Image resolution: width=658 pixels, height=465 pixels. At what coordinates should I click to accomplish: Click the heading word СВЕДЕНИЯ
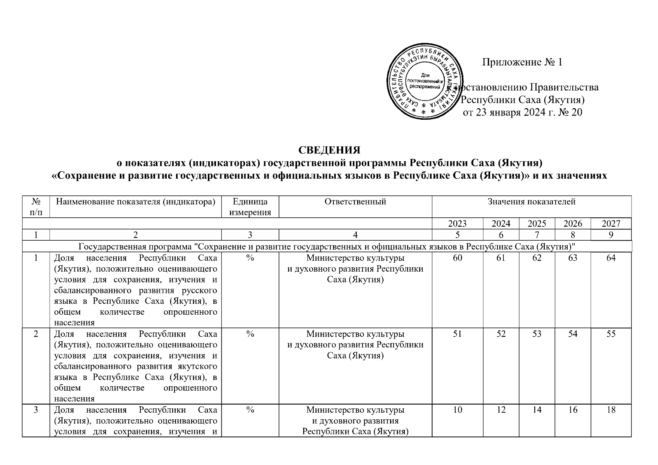(x=329, y=150)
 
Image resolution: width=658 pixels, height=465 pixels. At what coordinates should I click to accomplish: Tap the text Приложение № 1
(x=522, y=62)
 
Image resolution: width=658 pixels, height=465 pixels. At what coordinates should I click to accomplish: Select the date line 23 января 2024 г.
(x=523, y=112)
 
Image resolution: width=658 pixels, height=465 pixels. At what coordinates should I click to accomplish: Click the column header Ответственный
(x=355, y=201)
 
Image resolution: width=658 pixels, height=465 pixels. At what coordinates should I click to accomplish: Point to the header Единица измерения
(x=250, y=207)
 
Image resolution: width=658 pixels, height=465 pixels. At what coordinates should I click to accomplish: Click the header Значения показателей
(x=532, y=201)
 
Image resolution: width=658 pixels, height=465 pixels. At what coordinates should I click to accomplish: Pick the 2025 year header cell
(x=537, y=224)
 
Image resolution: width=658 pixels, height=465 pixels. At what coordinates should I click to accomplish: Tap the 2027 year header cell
(x=611, y=224)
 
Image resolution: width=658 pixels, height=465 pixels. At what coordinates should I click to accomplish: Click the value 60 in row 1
(x=458, y=258)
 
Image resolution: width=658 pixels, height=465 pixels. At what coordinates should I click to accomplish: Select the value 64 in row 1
(x=611, y=258)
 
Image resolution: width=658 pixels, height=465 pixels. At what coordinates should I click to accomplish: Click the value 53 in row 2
(x=537, y=334)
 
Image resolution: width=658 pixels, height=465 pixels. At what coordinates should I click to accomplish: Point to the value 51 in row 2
(x=458, y=334)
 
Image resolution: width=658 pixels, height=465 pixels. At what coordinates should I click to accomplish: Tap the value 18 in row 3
(x=611, y=410)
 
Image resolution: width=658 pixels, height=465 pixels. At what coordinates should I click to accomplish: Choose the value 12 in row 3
(x=501, y=410)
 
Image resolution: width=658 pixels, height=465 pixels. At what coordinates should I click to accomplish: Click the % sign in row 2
(x=250, y=334)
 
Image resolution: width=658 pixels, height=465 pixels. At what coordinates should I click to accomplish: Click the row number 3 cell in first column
(x=36, y=410)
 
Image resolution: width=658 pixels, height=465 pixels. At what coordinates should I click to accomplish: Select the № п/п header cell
(x=36, y=207)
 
